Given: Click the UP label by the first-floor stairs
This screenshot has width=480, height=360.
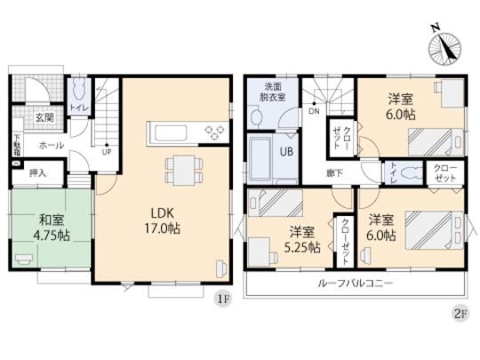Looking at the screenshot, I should pos(108,152).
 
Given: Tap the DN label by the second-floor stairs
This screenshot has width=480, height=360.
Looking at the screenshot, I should pos(314,112).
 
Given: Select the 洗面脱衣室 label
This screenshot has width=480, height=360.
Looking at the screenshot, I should pos(274,93).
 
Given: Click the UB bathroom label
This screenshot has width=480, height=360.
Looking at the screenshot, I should pos(288,152).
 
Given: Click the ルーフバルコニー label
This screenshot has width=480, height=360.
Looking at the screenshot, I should pos(355,284).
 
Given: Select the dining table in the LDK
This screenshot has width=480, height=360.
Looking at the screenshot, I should pos(184,167).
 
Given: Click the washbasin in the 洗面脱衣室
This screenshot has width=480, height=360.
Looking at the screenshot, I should pos(257,116).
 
